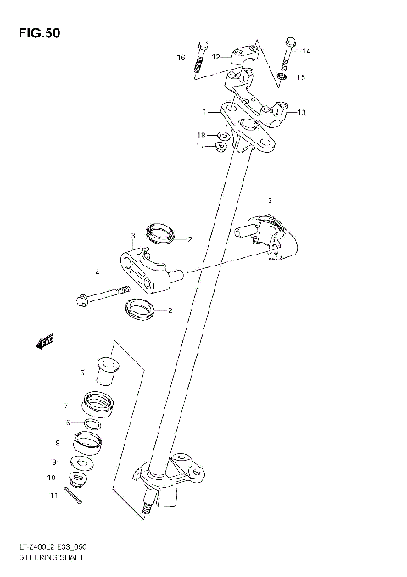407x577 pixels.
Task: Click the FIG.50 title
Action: point(35,33)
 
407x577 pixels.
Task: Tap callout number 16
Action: point(181,58)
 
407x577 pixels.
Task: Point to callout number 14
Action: point(306,52)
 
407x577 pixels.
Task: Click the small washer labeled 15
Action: point(284,77)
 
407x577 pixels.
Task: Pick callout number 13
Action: point(301,111)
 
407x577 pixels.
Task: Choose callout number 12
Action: point(215,57)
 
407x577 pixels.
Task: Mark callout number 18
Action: point(202,135)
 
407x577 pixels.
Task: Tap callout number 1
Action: point(204,111)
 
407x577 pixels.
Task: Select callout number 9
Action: point(55,462)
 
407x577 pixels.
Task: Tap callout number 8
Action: point(57,442)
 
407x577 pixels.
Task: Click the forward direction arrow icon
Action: point(46,341)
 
